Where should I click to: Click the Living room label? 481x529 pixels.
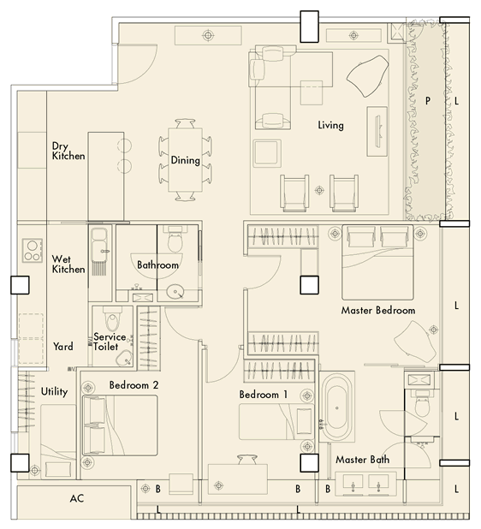click(x=331, y=125)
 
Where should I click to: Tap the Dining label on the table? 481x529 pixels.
click(x=185, y=160)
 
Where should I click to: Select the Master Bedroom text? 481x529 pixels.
click(x=378, y=310)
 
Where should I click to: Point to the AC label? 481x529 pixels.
click(x=77, y=498)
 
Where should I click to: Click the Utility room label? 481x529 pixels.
click(x=54, y=391)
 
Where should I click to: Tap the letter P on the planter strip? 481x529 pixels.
click(x=428, y=100)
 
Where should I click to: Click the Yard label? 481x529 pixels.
click(x=63, y=346)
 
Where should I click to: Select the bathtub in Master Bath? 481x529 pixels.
click(x=337, y=407)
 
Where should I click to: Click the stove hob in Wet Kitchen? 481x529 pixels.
click(x=33, y=250)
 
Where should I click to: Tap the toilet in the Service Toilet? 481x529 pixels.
click(x=113, y=318)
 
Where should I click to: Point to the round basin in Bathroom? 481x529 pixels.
click(x=175, y=292)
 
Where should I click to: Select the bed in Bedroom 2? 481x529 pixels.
click(x=120, y=425)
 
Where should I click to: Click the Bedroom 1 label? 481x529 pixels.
click(x=264, y=395)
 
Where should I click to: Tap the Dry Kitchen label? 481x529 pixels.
click(x=68, y=151)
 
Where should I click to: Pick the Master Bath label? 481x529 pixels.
click(x=362, y=460)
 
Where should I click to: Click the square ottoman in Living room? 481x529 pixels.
click(x=267, y=153)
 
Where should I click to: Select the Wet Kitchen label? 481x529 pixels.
click(x=68, y=264)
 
